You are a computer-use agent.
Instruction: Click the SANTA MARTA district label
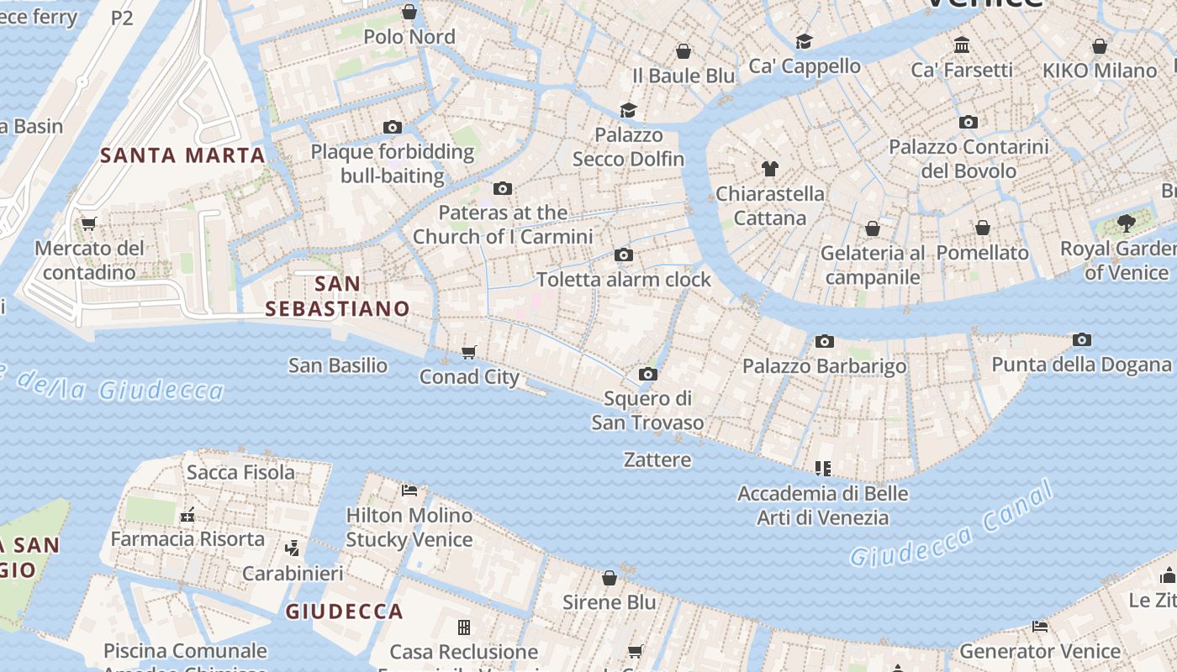(182, 155)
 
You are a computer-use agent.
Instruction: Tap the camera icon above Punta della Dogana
(1082, 340)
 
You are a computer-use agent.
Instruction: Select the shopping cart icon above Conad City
(469, 352)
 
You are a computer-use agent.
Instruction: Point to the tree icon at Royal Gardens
(1126, 223)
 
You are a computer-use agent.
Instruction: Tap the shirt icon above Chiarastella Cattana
(769, 169)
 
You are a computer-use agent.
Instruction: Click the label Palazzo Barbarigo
(824, 366)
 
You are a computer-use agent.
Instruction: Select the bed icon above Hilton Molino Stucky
(409, 490)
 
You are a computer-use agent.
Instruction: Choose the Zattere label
(657, 459)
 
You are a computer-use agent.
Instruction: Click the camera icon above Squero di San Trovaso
(647, 374)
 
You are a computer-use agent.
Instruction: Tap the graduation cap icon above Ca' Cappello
(805, 41)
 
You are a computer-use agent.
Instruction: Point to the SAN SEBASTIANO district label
(337, 296)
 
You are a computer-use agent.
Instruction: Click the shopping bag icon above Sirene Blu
(610, 578)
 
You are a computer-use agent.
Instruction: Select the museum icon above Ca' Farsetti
(962, 45)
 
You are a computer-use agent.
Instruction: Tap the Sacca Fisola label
(240, 472)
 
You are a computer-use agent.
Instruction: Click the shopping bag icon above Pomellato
(982, 228)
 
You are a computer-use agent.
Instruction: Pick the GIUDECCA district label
(344, 612)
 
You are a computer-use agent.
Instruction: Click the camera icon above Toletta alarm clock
(623, 255)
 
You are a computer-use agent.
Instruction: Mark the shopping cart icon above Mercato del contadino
(88, 223)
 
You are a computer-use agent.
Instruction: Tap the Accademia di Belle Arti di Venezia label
(822, 505)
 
